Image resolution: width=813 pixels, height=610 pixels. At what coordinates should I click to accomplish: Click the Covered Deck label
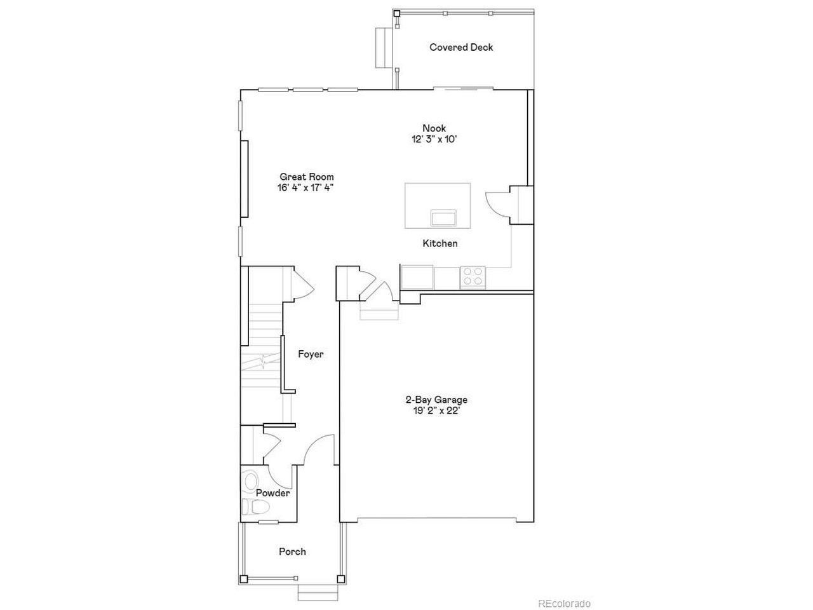click(x=461, y=48)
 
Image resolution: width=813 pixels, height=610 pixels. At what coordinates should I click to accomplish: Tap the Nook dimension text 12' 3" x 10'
click(x=434, y=139)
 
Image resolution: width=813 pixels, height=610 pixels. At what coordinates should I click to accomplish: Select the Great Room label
click(x=307, y=177)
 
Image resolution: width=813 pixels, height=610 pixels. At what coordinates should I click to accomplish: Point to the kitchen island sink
click(x=444, y=217)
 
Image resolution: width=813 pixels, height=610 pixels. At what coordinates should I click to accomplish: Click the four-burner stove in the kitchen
click(x=473, y=277)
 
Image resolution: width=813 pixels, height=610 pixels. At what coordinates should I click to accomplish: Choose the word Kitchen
click(x=440, y=243)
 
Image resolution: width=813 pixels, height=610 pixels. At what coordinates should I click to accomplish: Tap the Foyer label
click(x=311, y=355)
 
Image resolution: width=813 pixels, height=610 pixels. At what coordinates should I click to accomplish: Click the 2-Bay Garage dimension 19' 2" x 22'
click(x=436, y=410)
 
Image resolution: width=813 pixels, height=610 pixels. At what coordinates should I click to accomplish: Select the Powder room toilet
click(x=256, y=506)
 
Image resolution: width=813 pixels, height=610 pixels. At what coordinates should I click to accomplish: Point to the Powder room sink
click(x=251, y=481)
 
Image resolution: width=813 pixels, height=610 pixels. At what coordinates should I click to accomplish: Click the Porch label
click(x=292, y=552)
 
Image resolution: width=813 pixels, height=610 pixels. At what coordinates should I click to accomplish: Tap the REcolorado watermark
click(x=564, y=604)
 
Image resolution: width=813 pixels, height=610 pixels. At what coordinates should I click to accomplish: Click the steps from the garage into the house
click(x=379, y=310)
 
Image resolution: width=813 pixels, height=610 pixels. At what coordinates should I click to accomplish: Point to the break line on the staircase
click(x=262, y=361)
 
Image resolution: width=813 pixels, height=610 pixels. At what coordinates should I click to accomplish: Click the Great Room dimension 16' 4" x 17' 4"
click(x=306, y=188)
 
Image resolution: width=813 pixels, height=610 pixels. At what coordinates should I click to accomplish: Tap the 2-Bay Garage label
click(x=436, y=400)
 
